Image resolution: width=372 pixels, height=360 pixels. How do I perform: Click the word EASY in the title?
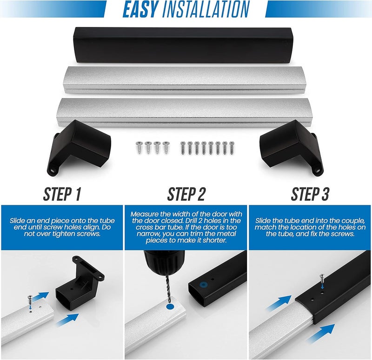pyautogui.click(x=140, y=9)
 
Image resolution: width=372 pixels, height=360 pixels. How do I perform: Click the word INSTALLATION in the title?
pyautogui.click(x=206, y=9)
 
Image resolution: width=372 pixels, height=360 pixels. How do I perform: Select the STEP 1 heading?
pyautogui.click(x=62, y=194)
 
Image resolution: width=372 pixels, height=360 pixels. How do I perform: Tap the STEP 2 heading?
pyautogui.click(x=186, y=194)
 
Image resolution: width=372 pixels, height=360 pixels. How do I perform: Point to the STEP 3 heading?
pyautogui.click(x=310, y=194)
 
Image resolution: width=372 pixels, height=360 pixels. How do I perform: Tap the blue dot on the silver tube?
pyautogui.click(x=170, y=307)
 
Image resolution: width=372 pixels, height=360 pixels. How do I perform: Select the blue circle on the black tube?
pyautogui.click(x=203, y=285)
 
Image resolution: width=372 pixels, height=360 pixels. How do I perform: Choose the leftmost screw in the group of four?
pyautogui.click(x=139, y=147)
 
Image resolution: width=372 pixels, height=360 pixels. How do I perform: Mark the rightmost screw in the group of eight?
pyautogui.click(x=232, y=148)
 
